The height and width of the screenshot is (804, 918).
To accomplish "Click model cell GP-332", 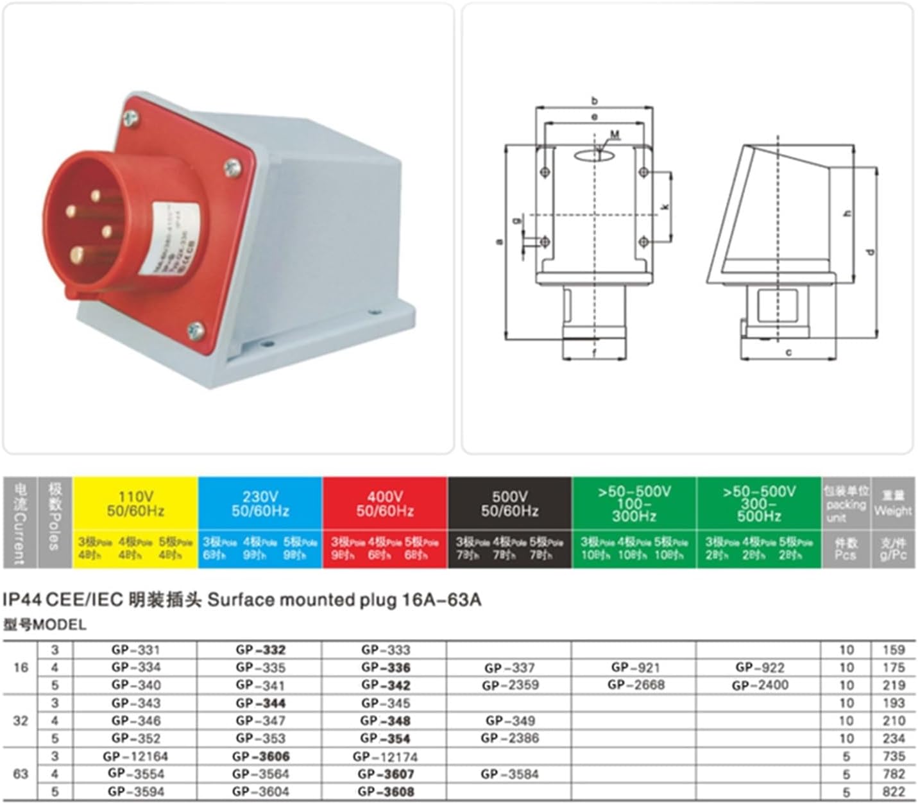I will [260, 650].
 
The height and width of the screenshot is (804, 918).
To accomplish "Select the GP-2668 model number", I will [636, 685].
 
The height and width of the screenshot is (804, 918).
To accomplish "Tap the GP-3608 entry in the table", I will [386, 792].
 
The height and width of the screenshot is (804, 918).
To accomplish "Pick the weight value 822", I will [893, 792].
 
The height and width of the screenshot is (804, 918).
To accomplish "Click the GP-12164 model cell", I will [135, 757].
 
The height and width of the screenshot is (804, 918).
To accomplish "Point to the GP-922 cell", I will [760, 668].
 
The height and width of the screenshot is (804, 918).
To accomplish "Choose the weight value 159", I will [893, 650].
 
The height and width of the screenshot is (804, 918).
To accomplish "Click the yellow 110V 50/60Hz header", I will [135, 504].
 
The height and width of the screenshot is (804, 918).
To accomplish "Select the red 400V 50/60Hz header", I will [385, 504].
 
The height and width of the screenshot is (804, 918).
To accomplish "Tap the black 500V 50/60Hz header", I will [509, 504].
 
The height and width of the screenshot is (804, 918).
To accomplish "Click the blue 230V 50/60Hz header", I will [260, 504].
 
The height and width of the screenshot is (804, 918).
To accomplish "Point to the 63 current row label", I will [21, 774].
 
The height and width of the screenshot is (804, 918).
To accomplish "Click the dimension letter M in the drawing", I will [615, 135].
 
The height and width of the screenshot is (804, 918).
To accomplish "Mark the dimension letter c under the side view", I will [788, 352].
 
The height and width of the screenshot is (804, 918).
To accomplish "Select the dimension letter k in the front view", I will [665, 207].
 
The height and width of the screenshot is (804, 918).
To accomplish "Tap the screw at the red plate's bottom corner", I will [196, 331].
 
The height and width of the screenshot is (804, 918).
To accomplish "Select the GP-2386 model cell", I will [510, 739].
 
